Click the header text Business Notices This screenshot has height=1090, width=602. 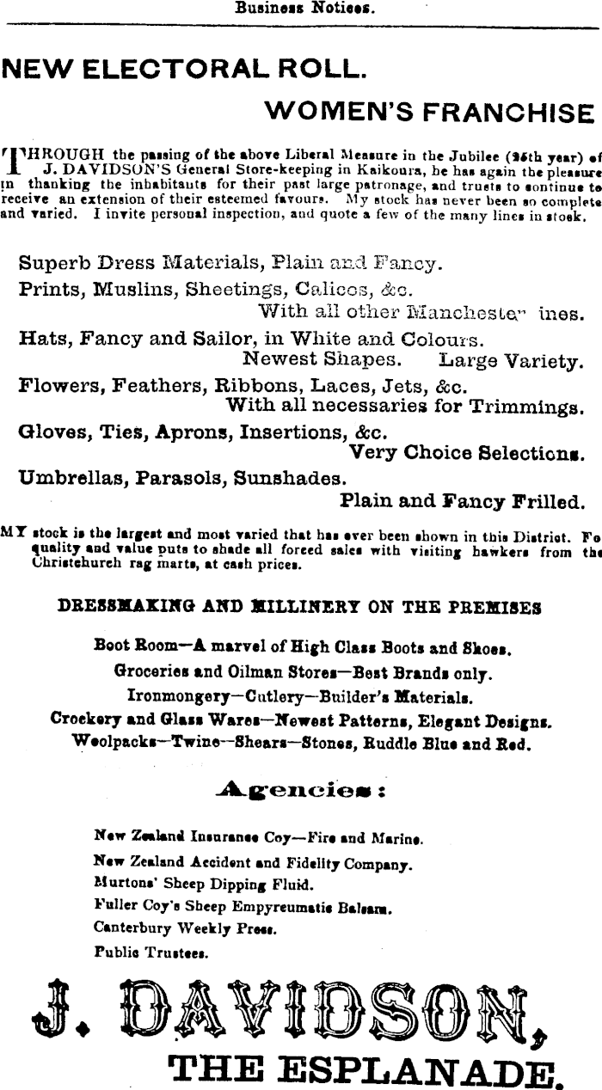point(301,9)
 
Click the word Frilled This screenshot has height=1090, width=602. point(545,500)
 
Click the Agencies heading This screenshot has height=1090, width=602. point(300,788)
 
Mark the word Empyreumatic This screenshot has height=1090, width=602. point(277,905)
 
